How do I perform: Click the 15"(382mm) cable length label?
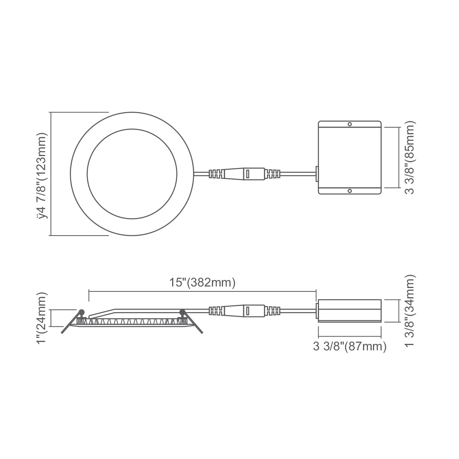pyautogui.click(x=202, y=283)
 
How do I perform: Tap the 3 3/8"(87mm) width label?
pyautogui.click(x=350, y=346)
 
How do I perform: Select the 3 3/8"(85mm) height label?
pyautogui.click(x=410, y=158)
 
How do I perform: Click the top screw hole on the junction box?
pyautogui.click(x=350, y=124)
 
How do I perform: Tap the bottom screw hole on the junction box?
pyautogui.click(x=350, y=191)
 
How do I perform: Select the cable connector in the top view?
pyautogui.click(x=244, y=174)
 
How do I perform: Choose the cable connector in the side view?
pyautogui.click(x=244, y=311)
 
